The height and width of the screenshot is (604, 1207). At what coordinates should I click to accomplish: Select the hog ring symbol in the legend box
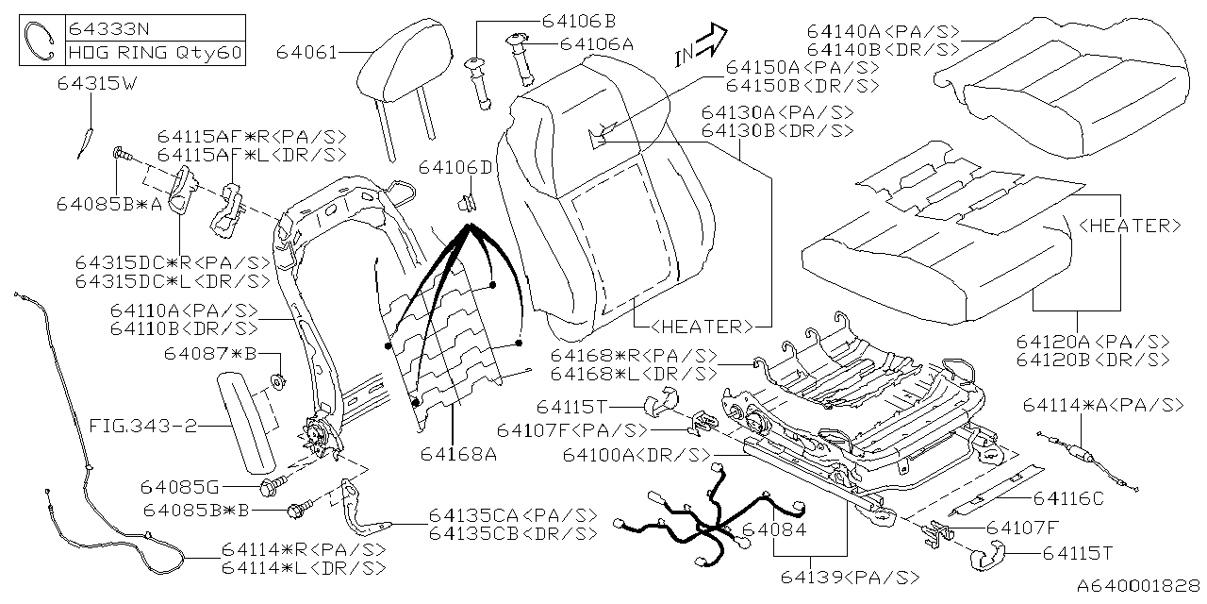point(41,41)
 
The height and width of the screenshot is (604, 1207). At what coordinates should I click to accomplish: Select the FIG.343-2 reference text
point(143,427)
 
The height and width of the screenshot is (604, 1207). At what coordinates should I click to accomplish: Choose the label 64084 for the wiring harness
point(772,530)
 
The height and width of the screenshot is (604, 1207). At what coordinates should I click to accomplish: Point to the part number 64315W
point(97,84)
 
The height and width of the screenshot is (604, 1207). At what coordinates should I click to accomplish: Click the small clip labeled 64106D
point(465,201)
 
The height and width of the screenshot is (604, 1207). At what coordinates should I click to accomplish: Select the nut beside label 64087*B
point(279,380)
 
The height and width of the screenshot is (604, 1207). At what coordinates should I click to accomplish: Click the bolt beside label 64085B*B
point(299,511)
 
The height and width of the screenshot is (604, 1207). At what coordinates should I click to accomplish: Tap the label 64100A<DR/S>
point(635,455)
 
